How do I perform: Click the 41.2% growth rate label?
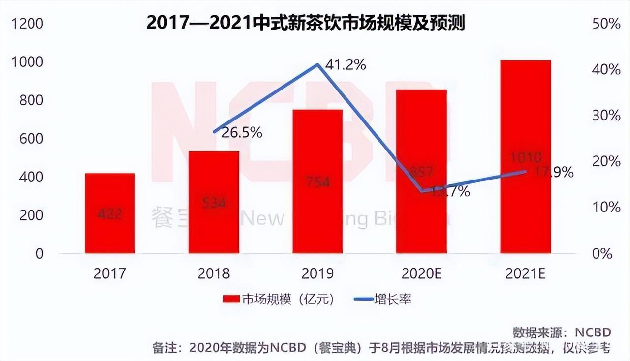345,64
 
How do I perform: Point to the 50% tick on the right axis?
606,24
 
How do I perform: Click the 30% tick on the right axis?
606,116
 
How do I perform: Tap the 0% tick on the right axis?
602,254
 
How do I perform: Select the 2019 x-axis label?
317,273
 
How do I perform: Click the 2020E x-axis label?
422,273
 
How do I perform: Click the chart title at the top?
305,23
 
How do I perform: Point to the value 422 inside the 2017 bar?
110,214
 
